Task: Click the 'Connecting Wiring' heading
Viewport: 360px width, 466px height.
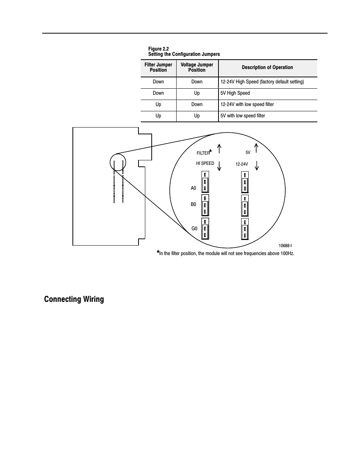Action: click(x=74, y=299)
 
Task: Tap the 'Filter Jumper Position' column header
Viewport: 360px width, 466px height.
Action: click(x=158, y=68)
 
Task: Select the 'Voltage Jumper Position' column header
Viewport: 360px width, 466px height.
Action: click(x=197, y=68)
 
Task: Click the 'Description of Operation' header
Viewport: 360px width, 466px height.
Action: click(x=267, y=68)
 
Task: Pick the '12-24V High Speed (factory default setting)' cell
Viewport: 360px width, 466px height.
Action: click(x=262, y=82)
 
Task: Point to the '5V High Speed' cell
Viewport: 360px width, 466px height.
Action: click(x=235, y=93)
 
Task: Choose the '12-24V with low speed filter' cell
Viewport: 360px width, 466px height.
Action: click(x=247, y=105)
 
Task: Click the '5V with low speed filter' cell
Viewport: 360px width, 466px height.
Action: click(x=243, y=116)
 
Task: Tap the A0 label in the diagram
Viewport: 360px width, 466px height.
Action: click(x=194, y=188)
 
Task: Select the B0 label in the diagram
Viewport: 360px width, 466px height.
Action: click(x=194, y=205)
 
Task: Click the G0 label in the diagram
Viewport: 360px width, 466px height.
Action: click(x=194, y=229)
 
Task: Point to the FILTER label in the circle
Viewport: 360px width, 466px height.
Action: click(x=203, y=153)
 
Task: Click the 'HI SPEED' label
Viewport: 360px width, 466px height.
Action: click(x=205, y=163)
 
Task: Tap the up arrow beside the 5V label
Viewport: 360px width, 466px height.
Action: click(x=256, y=148)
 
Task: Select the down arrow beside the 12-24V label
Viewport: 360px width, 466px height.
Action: click(x=257, y=165)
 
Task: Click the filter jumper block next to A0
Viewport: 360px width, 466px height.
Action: click(x=205, y=182)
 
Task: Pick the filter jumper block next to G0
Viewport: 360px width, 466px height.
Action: click(x=205, y=229)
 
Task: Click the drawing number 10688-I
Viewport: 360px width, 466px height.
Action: click(x=285, y=246)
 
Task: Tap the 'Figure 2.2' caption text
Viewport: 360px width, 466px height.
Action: click(x=158, y=49)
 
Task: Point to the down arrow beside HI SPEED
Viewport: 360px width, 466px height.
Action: click(x=219, y=166)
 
